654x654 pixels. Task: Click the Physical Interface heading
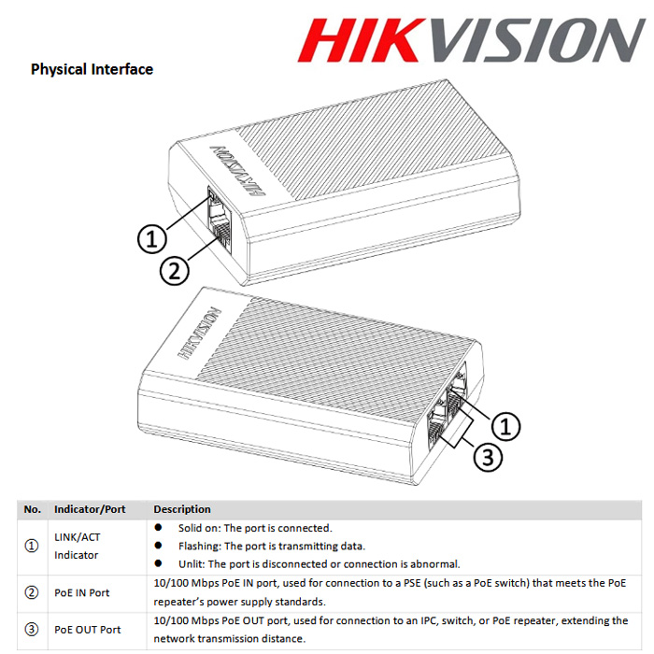click(92, 69)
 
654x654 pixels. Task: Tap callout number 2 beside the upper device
click(175, 271)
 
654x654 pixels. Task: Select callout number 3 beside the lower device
click(488, 457)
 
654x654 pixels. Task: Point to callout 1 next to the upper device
click(152, 239)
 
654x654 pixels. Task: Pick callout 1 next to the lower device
click(505, 426)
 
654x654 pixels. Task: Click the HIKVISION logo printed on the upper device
click(236, 171)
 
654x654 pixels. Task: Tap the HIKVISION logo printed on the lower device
click(199, 334)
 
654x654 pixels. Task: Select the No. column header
click(32, 509)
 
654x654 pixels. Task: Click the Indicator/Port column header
click(90, 509)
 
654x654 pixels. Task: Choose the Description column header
click(182, 509)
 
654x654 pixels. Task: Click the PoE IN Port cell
click(82, 592)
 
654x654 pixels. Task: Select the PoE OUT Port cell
click(88, 630)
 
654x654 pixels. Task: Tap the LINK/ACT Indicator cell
click(78, 546)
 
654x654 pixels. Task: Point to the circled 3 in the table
click(32, 630)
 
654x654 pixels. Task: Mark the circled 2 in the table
click(32, 592)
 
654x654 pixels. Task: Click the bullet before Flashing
click(158, 545)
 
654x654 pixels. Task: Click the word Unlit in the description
click(191, 564)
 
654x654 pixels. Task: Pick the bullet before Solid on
click(158, 527)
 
